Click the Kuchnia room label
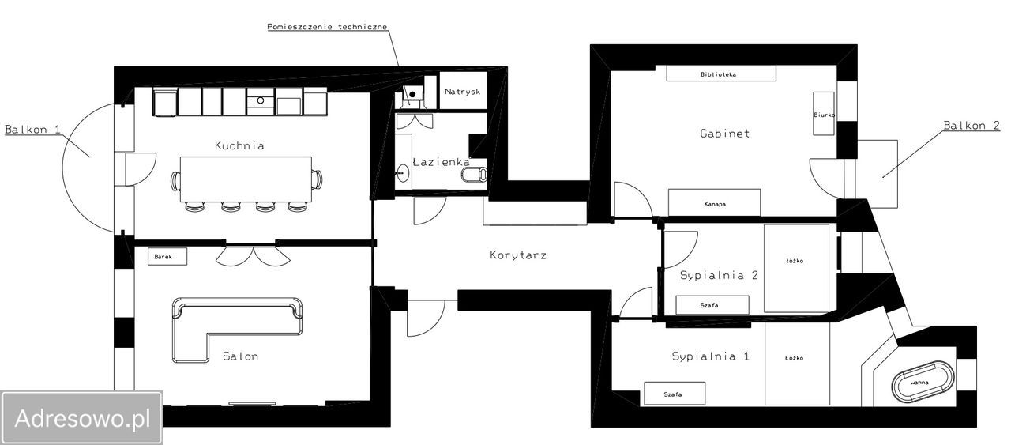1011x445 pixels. pyautogui.click(x=239, y=145)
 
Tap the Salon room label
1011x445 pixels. pyautogui.click(x=241, y=356)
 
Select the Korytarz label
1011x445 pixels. pyautogui.click(x=518, y=255)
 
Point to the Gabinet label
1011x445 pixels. pyautogui.click(x=725, y=134)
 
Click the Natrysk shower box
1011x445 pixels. pyautogui.click(x=463, y=90)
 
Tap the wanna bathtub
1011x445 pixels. pyautogui.click(x=923, y=383)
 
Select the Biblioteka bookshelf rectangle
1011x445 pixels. pyautogui.click(x=721, y=74)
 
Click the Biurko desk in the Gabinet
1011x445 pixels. pyautogui.click(x=824, y=113)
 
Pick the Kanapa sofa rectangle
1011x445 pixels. pyautogui.click(x=715, y=203)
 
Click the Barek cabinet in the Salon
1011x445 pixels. pyautogui.click(x=167, y=256)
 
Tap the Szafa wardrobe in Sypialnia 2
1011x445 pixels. pyautogui.click(x=712, y=305)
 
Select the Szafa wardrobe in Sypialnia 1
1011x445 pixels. pyautogui.click(x=675, y=394)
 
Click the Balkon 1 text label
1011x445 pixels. pyautogui.click(x=32, y=130)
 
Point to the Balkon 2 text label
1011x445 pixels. pyautogui.click(x=972, y=125)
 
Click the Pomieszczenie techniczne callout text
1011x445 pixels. pyautogui.click(x=327, y=27)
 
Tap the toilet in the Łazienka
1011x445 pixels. pyautogui.click(x=475, y=174)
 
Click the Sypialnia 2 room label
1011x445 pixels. pyautogui.click(x=719, y=275)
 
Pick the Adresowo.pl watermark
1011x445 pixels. pyautogui.click(x=82, y=418)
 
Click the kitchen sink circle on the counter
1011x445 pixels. pyautogui.click(x=261, y=100)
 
